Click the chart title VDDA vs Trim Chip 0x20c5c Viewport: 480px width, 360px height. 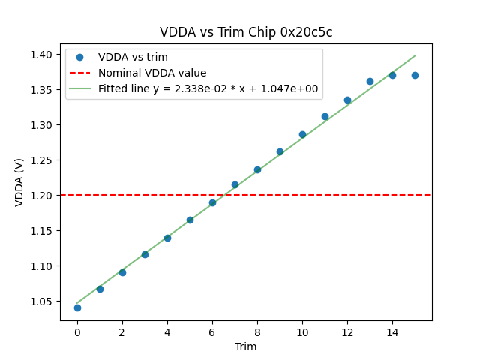click(246, 32)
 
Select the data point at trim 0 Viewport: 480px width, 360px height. click(77, 307)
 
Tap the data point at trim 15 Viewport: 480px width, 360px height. click(415, 75)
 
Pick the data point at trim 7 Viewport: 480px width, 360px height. click(235, 184)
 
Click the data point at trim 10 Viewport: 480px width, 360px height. click(302, 135)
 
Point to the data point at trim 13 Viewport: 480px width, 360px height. click(370, 81)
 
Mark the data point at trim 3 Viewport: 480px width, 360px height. click(145, 254)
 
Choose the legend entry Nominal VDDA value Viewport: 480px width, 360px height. click(152, 73)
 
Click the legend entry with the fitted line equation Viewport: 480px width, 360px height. click(208, 88)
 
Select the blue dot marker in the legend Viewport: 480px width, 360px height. click(81, 57)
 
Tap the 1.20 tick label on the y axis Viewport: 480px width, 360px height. click(41, 196)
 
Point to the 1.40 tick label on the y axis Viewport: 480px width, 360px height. click(41, 55)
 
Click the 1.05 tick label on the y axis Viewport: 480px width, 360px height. click(41, 301)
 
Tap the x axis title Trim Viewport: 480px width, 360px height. click(246, 346)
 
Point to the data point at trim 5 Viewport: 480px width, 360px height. click(190, 220)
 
